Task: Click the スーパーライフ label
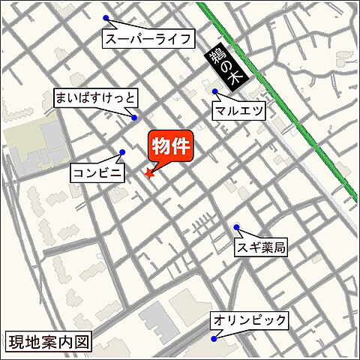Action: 149,38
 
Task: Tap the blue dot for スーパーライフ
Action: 106,18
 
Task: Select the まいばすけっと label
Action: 96,97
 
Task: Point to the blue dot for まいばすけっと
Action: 134,117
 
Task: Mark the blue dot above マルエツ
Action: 215,92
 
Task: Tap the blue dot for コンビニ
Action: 122,151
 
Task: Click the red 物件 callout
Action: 171,145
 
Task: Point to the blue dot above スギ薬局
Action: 236,227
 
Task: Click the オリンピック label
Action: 250,320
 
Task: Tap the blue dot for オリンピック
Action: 214,339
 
